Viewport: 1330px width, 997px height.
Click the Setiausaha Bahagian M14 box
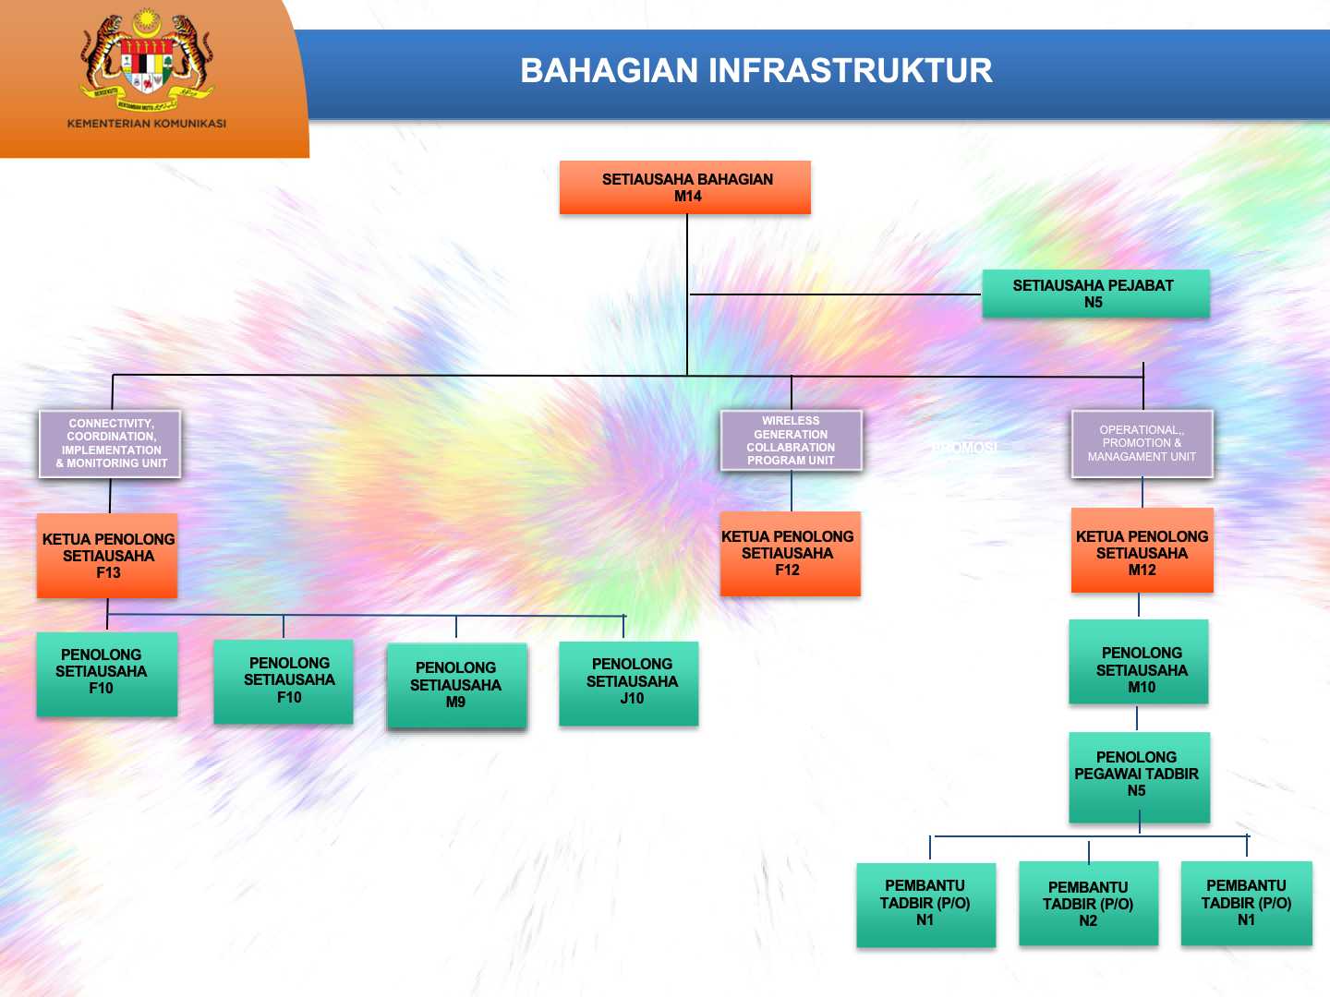coord(684,187)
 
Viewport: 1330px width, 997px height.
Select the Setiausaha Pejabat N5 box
coord(1095,294)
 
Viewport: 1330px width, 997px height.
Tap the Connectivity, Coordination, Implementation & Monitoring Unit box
coord(110,444)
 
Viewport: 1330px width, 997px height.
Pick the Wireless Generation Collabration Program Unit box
coord(791,440)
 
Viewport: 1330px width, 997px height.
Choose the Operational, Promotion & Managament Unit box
coord(1142,444)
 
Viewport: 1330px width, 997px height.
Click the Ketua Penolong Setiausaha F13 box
coord(107,556)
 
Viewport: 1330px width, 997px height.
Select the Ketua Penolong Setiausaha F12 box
coord(790,554)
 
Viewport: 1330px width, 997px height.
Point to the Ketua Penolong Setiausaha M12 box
coord(1142,551)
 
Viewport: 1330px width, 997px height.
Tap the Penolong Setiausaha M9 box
coord(456,685)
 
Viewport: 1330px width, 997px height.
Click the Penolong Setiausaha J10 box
coord(629,683)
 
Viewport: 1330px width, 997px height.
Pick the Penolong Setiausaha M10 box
coord(1139,662)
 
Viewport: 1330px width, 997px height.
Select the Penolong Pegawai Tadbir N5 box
coord(1139,776)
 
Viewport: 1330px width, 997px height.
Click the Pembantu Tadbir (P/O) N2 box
coord(1088,903)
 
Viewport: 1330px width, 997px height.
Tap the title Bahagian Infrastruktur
coord(756,71)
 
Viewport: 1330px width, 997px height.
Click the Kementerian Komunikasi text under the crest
coord(146,124)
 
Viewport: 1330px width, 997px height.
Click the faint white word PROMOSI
coord(964,448)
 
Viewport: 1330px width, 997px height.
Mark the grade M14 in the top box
coord(687,197)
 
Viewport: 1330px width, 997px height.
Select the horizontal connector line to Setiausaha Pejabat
coord(835,294)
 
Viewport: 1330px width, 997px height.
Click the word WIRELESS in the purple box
coord(791,421)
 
